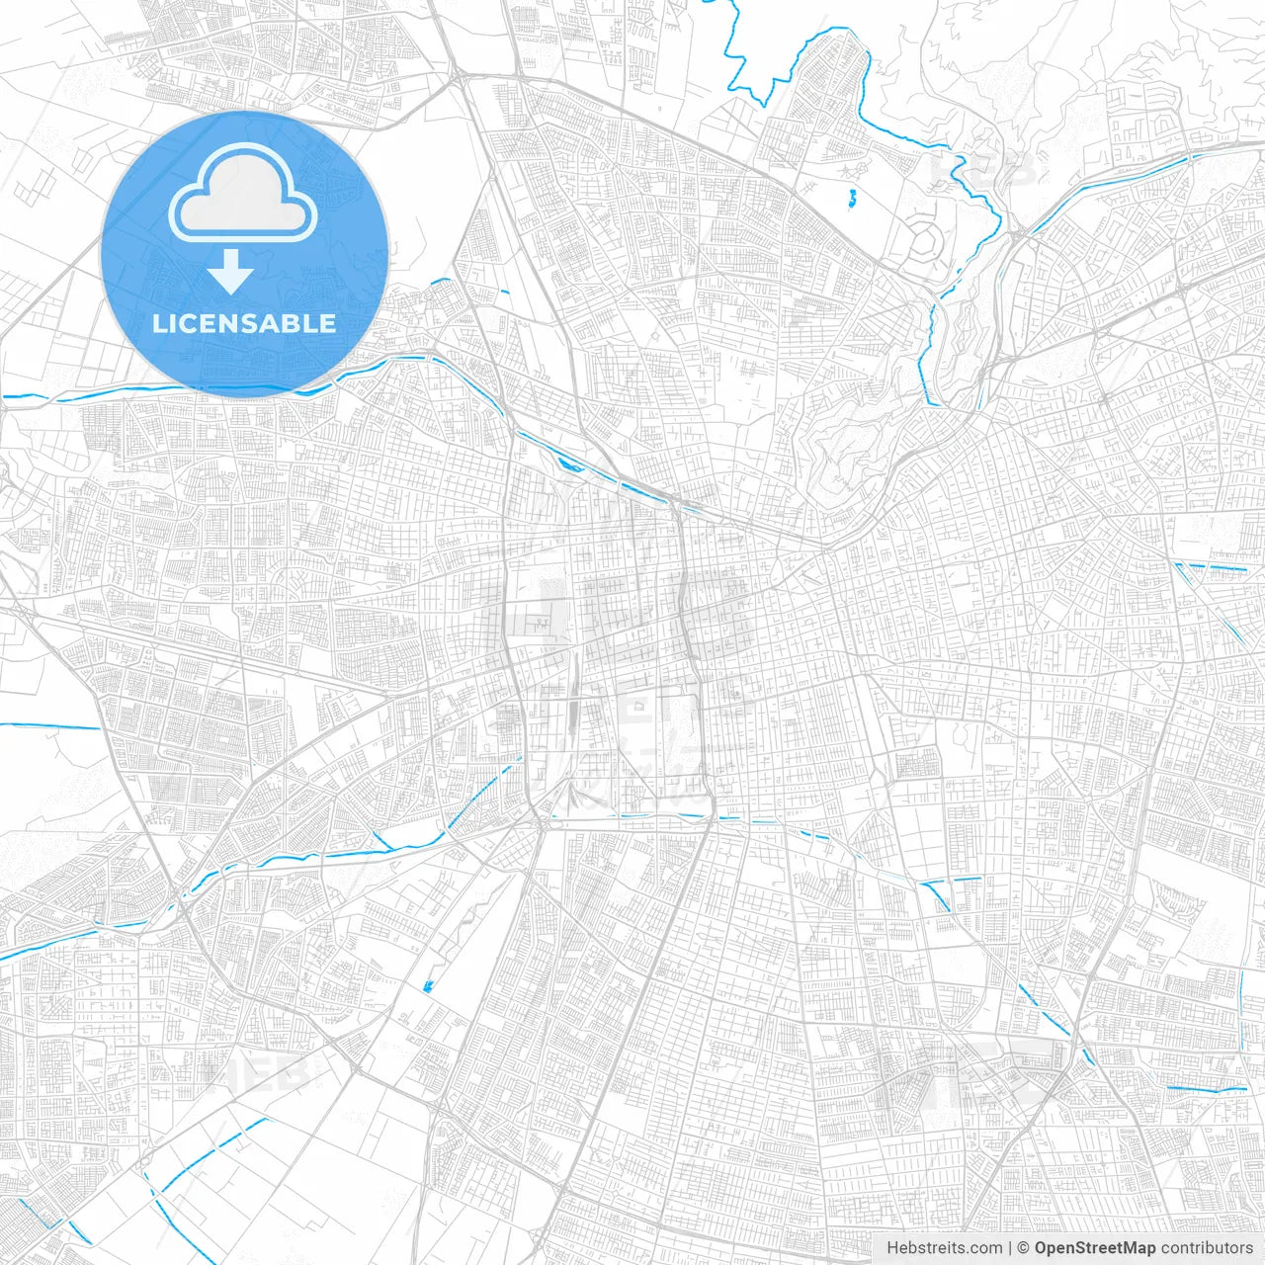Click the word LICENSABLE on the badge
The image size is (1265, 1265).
(x=244, y=323)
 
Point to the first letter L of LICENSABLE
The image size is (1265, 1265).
(x=158, y=323)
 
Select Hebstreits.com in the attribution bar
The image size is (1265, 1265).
(x=944, y=1248)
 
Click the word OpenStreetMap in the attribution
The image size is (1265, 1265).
(x=1095, y=1248)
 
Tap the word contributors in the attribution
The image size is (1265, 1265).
(x=1207, y=1248)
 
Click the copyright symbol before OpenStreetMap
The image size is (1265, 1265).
(x=1024, y=1248)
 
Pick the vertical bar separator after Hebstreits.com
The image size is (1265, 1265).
(x=1009, y=1248)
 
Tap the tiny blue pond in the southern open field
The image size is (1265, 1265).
(x=428, y=984)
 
